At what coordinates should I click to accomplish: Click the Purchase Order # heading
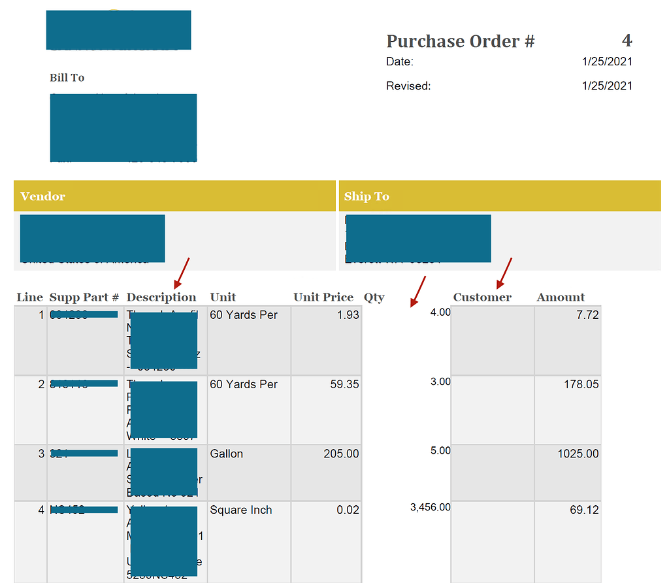461,42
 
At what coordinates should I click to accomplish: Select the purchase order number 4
627,41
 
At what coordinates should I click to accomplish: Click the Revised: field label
408,86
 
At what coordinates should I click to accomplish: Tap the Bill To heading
67,78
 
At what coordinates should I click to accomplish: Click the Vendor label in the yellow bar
43,196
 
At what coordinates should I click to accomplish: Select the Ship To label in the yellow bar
367,196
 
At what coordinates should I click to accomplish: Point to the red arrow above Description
182,273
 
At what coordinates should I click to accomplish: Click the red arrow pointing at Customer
504,273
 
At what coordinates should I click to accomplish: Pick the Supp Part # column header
84,297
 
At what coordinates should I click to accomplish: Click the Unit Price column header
323,297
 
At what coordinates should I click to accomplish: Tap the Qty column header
374,297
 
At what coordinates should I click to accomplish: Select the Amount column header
561,297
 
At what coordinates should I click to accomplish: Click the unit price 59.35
345,384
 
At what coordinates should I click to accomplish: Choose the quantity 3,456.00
430,507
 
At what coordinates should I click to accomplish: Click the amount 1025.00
578,454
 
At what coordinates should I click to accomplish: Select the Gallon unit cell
227,454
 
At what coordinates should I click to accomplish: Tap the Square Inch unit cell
241,510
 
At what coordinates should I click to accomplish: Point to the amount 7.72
587,315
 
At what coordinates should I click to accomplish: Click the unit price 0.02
348,510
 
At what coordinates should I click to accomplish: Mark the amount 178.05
581,384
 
